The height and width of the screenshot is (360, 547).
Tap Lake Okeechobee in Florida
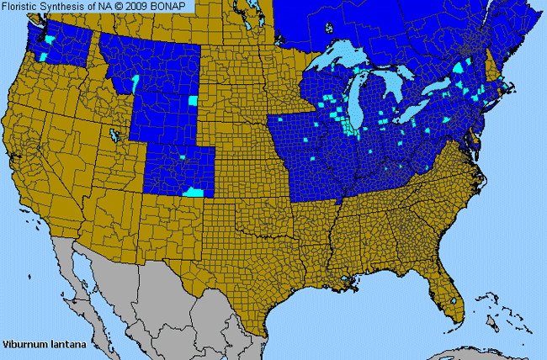coord(455,299)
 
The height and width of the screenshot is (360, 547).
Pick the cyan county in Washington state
coord(50,40)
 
